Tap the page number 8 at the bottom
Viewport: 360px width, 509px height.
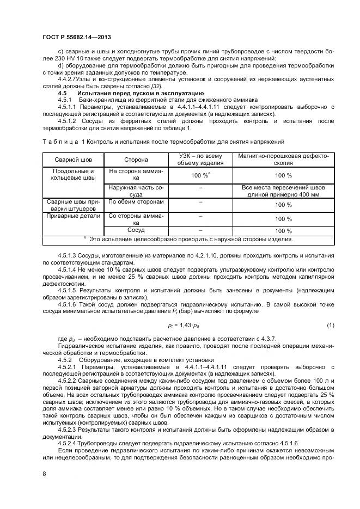[44, 474]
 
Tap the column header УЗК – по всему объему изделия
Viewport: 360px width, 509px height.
[200, 160]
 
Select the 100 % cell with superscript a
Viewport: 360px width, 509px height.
[200, 175]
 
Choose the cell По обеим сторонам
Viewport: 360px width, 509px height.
[129, 201]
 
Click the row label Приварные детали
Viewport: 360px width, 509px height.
[65, 215]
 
